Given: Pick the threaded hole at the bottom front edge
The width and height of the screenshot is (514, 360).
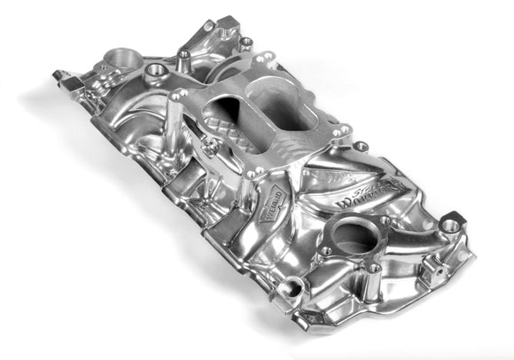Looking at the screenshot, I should [x=290, y=286].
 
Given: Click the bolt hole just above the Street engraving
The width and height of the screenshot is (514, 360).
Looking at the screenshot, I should [x=362, y=145].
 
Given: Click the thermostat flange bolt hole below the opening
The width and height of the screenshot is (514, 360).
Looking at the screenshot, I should [x=375, y=266].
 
